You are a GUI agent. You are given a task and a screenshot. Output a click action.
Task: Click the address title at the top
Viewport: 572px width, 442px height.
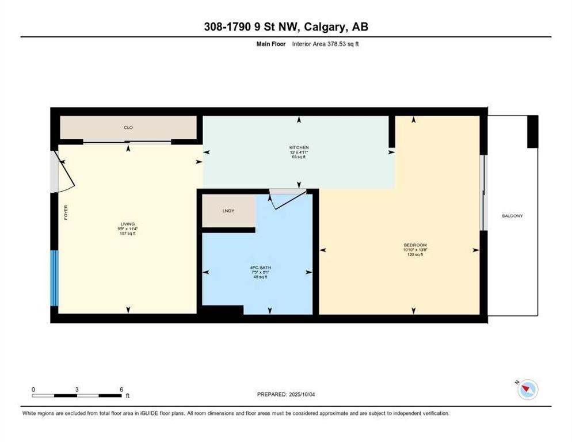click(285, 27)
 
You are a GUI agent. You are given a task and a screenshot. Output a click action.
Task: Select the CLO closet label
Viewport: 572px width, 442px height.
click(128, 128)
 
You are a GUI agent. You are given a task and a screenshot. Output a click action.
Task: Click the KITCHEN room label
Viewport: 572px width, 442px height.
click(299, 147)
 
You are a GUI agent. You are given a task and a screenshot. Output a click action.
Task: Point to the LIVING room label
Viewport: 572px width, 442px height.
click(127, 224)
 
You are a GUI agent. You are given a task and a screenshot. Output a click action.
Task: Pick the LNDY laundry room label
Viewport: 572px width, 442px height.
click(228, 211)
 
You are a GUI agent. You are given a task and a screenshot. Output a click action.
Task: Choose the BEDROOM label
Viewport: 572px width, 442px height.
click(414, 245)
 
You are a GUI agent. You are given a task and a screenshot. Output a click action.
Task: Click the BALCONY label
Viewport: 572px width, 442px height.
click(512, 216)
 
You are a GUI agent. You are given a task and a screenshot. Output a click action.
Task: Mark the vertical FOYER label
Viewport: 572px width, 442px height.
click(65, 213)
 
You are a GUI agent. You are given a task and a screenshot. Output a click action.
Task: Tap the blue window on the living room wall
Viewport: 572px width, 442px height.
click(54, 278)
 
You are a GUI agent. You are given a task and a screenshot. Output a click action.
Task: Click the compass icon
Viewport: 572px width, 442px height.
click(527, 390)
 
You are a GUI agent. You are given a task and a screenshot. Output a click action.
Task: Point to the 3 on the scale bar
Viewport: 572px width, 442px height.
click(77, 389)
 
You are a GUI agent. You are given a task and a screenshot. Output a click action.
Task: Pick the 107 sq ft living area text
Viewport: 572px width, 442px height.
click(127, 234)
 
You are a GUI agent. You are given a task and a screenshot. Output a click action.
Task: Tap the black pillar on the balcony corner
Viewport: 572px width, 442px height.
click(532, 131)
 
